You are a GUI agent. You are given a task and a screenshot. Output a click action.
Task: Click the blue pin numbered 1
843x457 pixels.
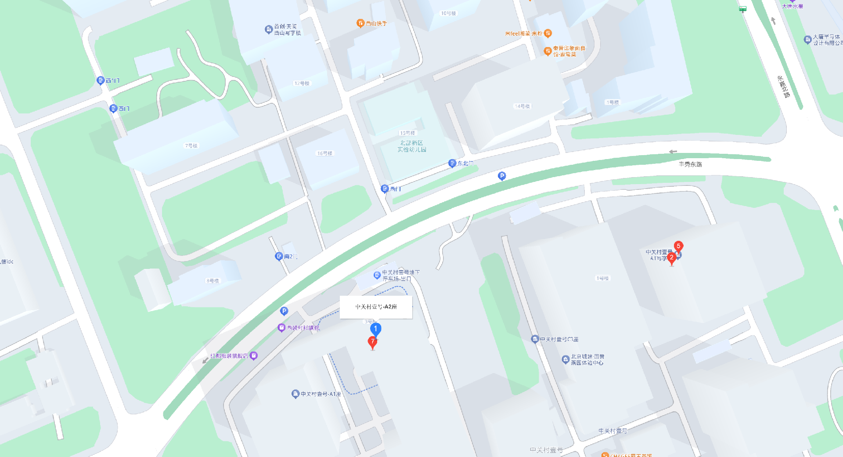click(375, 329)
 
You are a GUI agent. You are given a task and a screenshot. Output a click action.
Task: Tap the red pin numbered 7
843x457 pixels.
click(372, 341)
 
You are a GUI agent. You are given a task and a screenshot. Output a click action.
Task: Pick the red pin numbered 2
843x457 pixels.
click(671, 258)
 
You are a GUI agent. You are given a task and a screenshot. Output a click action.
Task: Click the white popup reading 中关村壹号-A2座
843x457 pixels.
click(376, 307)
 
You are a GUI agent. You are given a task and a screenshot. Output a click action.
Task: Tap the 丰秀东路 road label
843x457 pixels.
click(690, 164)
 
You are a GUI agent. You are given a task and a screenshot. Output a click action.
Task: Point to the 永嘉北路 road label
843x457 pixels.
click(783, 87)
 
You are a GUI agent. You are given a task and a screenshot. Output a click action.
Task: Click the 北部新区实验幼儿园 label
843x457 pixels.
click(411, 146)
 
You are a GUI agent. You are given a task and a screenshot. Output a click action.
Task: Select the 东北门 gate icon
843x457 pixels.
click(452, 163)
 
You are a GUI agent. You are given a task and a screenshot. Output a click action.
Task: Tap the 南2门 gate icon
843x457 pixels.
click(279, 256)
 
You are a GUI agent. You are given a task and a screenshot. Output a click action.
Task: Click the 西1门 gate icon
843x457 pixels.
click(101, 80)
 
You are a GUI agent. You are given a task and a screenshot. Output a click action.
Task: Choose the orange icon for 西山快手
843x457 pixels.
click(360, 23)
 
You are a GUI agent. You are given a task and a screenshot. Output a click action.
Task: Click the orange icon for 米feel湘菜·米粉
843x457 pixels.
click(548, 33)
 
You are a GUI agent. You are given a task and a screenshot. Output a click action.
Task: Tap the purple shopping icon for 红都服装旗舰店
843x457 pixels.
click(253, 356)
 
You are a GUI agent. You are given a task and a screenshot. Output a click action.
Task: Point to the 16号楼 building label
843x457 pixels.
click(325, 153)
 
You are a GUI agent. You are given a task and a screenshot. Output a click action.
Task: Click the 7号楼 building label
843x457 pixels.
click(191, 146)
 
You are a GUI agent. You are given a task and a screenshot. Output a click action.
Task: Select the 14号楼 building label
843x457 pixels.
click(522, 106)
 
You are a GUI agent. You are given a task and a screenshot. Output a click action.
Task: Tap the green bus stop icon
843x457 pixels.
click(742, 9)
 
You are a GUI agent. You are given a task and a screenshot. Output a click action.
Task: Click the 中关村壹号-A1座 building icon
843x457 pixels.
click(295, 394)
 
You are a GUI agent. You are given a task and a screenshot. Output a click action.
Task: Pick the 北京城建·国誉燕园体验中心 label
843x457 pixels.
click(587, 359)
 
